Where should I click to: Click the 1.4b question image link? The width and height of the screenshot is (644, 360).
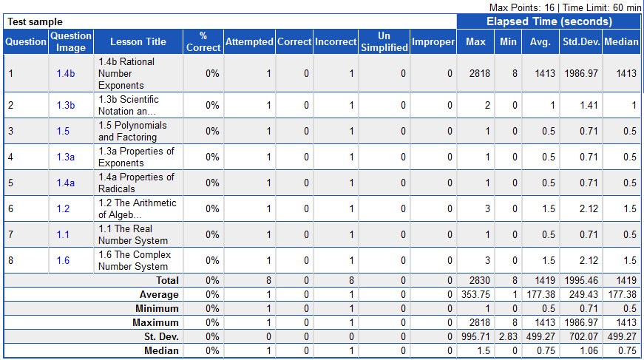click(66, 74)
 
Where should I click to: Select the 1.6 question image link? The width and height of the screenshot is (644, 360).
click(63, 260)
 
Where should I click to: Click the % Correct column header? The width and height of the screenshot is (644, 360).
click(203, 41)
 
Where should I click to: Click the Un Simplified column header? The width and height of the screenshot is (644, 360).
click(384, 41)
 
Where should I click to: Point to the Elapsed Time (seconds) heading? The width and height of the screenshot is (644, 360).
click(549, 21)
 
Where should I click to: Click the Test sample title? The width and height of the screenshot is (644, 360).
click(35, 22)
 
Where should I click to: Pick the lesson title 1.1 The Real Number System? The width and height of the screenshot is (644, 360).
click(133, 234)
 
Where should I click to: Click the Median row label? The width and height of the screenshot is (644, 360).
click(160, 350)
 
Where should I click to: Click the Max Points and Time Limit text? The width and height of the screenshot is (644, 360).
click(566, 7)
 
